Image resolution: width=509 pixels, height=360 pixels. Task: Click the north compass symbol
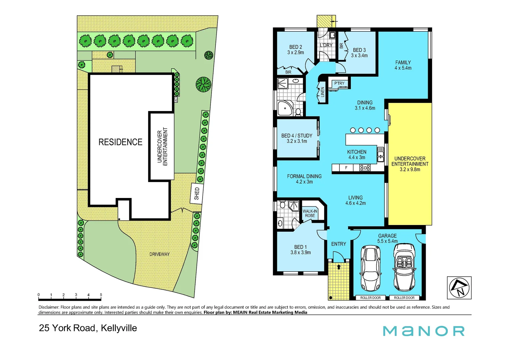(459, 288)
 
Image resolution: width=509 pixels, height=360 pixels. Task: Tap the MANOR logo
(423, 331)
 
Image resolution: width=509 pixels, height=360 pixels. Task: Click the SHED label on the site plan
(197, 193)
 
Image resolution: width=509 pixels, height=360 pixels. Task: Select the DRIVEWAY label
(159, 254)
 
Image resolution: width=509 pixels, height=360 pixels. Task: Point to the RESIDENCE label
(120, 142)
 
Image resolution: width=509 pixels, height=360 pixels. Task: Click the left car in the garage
(370, 268)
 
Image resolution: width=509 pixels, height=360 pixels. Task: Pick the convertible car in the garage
(404, 267)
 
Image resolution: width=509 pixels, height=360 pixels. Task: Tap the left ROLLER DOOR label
(370, 298)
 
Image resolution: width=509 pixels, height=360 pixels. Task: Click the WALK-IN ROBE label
(310, 213)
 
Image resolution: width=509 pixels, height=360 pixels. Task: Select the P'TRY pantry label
(339, 83)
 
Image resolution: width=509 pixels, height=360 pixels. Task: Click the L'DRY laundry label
(326, 45)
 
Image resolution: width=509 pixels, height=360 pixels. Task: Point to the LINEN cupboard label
(322, 92)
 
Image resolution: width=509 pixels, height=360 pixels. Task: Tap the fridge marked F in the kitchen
(346, 168)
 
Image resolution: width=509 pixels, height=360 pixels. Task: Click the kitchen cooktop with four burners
(365, 168)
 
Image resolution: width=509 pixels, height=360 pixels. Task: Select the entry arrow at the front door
(339, 267)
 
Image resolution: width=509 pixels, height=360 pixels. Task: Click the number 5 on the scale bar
(101, 295)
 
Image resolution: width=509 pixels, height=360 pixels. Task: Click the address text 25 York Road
(68, 328)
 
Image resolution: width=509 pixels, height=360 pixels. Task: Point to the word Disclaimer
(49, 307)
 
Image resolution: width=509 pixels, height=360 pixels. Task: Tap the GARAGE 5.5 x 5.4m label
(387, 238)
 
